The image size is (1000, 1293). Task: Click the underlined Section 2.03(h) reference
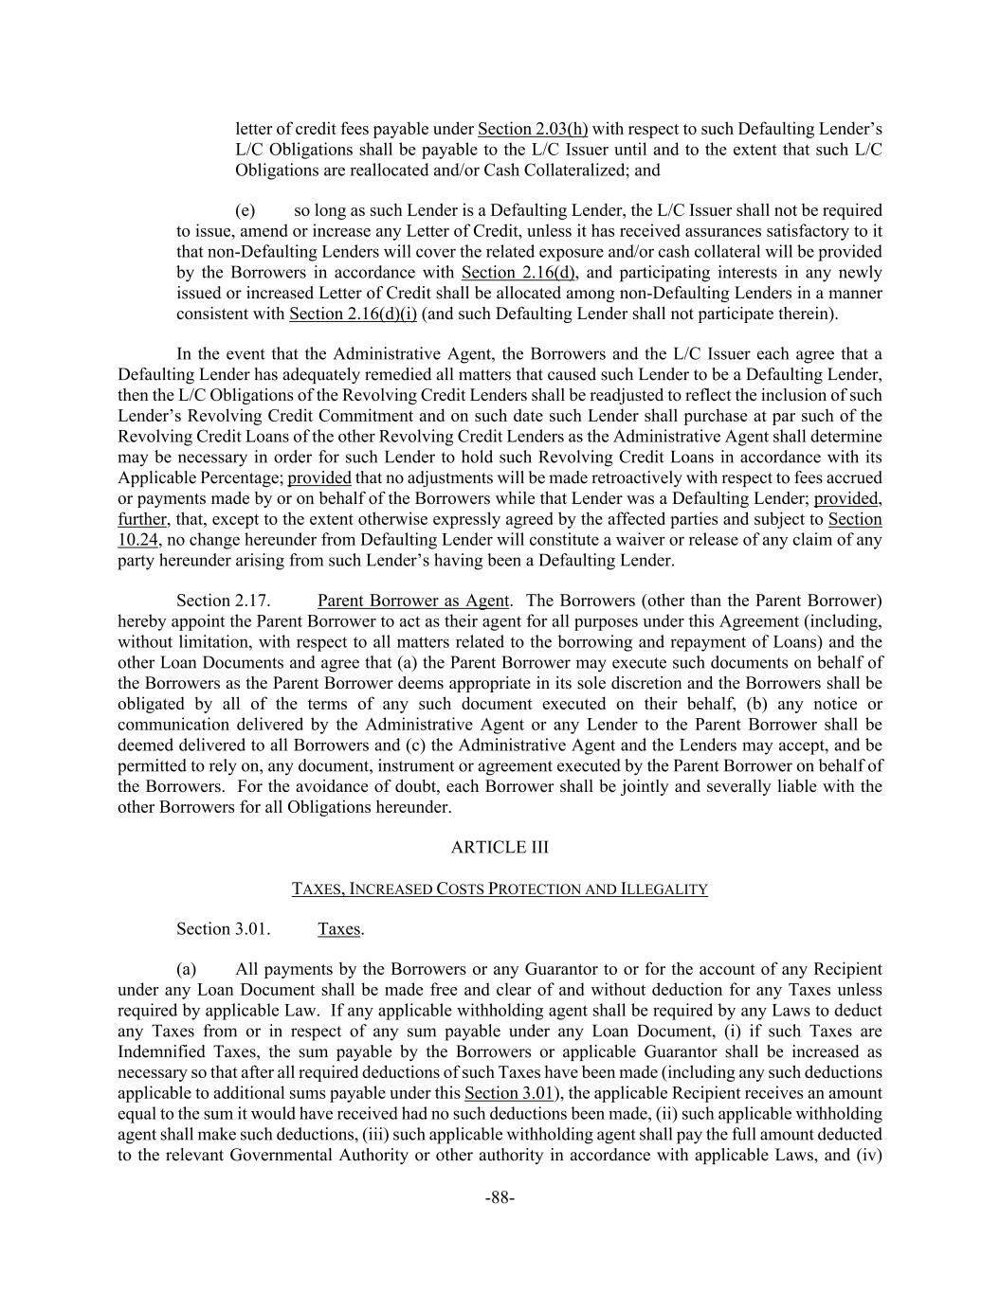click(x=533, y=129)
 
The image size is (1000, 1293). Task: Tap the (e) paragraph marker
click(x=245, y=210)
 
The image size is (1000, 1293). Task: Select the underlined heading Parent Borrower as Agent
click(x=413, y=601)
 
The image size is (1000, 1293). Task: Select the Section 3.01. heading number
click(x=224, y=928)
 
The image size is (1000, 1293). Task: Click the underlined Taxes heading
click(x=338, y=928)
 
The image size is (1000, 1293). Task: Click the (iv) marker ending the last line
click(x=869, y=1155)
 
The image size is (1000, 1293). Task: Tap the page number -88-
click(x=500, y=1198)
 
